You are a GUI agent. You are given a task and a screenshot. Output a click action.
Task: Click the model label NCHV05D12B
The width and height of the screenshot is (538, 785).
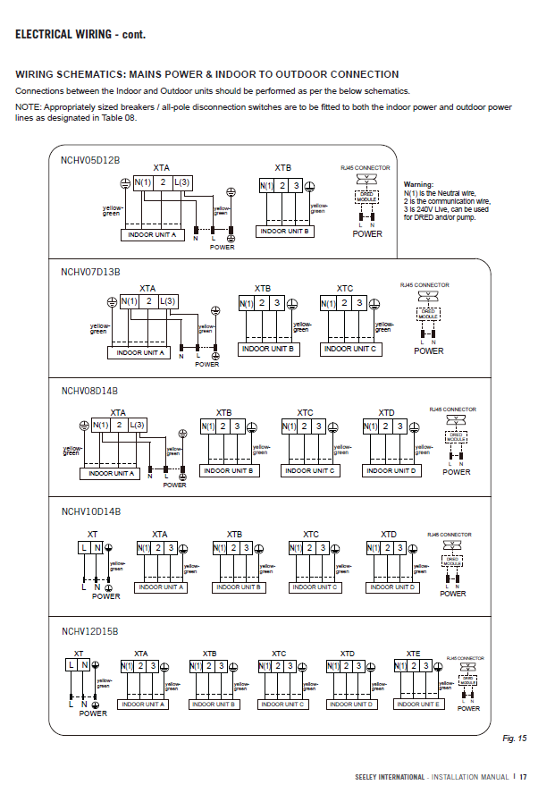(90, 160)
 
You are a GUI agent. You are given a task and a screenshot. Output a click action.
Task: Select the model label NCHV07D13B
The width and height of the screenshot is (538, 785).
(90, 271)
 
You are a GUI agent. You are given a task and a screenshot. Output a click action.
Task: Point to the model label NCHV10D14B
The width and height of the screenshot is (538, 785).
(90, 511)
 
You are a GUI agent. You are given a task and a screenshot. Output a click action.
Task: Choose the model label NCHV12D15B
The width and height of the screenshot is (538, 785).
(90, 631)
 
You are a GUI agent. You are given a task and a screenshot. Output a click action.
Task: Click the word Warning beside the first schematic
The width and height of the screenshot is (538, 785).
(419, 184)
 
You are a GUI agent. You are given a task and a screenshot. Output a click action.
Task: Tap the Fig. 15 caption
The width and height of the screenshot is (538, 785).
(515, 738)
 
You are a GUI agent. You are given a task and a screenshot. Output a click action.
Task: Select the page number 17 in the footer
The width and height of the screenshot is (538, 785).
(524, 776)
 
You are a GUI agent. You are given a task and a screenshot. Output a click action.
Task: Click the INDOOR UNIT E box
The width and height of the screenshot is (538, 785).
(417, 705)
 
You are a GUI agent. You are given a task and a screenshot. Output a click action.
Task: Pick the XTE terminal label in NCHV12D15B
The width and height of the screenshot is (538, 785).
(413, 654)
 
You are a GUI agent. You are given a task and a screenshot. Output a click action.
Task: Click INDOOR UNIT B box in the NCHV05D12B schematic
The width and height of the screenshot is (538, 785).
(284, 231)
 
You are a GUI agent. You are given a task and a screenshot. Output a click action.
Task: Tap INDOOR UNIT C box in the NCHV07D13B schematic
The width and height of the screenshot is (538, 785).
(350, 349)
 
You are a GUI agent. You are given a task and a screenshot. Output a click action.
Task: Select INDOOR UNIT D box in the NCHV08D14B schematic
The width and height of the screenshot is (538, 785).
(391, 470)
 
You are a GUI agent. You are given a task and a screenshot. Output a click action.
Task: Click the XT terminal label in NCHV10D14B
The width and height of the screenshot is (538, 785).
(92, 534)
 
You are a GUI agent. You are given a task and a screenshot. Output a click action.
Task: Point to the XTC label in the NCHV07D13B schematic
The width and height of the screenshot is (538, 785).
(345, 289)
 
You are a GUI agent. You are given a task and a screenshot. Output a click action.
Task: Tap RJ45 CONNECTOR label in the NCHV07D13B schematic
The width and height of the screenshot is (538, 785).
(425, 285)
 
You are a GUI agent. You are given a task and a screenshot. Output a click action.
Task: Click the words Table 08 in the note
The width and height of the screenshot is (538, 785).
(121, 118)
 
